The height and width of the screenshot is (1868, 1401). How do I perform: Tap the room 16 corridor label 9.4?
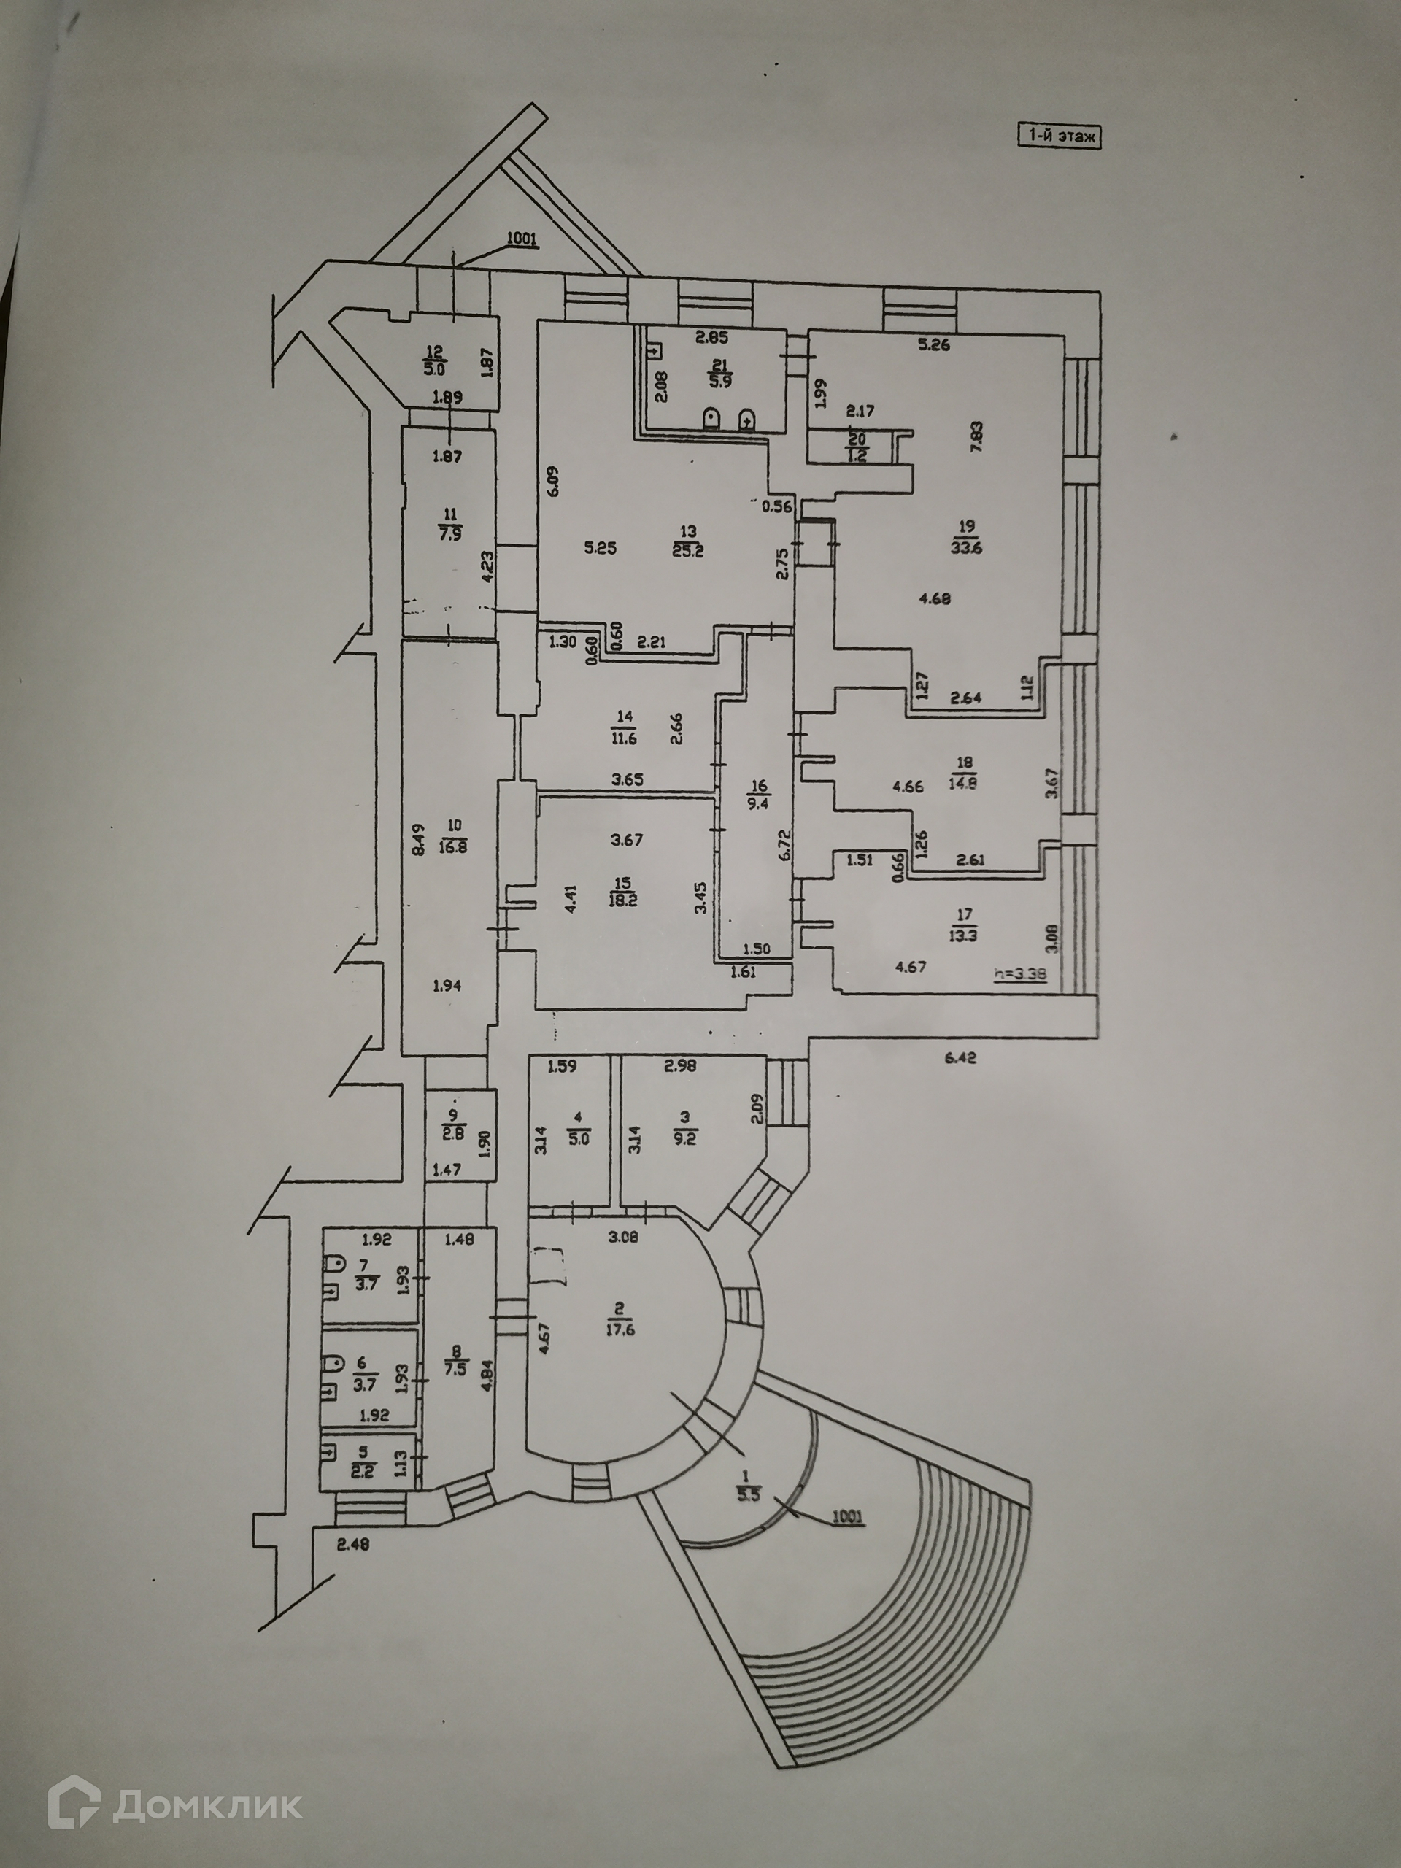pyautogui.click(x=757, y=795)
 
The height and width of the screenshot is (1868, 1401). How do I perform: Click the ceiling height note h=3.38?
pyautogui.click(x=1021, y=972)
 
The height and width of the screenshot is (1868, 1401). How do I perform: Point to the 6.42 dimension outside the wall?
pyautogui.click(x=961, y=1057)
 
